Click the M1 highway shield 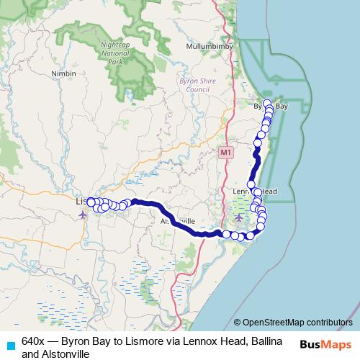coord(226,153)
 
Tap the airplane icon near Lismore coord(82,214)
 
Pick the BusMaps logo coord(325,344)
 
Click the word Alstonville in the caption coord(66,354)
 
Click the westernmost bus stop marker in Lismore coord(90,202)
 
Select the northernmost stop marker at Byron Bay coord(267,103)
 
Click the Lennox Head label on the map coord(255,191)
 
